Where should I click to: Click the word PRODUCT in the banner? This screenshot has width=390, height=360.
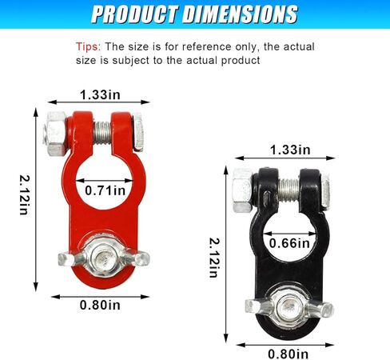click(x=135, y=14)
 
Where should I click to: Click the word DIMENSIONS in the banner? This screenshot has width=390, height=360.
click(x=241, y=14)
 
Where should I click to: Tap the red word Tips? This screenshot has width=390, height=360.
click(x=88, y=46)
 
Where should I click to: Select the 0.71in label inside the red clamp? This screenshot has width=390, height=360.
click(x=105, y=190)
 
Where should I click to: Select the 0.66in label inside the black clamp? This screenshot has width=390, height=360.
click(x=289, y=243)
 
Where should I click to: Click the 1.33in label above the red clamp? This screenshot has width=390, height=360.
click(x=100, y=95)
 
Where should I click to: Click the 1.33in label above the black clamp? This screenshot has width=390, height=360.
click(x=290, y=150)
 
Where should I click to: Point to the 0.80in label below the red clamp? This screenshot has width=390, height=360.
click(x=100, y=305)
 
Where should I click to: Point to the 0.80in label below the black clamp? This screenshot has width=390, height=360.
click(x=288, y=354)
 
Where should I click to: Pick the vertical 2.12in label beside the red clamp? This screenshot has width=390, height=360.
click(x=24, y=194)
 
